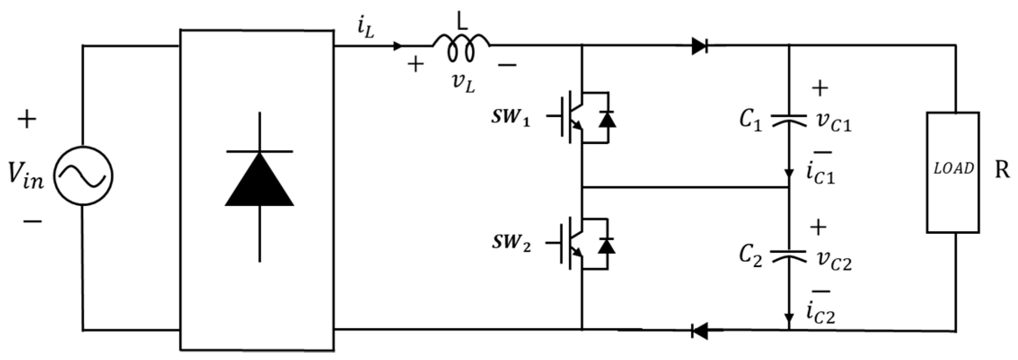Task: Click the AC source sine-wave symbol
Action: tap(83, 176)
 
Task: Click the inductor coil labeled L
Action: tap(461, 48)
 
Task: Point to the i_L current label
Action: tap(366, 29)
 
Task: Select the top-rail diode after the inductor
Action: tap(700, 46)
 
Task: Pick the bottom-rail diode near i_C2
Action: tap(700, 331)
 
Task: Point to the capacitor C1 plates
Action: tap(789, 120)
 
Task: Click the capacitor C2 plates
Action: tap(789, 256)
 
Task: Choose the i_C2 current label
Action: tap(820, 315)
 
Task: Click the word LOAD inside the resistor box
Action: tap(953, 169)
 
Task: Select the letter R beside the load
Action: tap(1001, 171)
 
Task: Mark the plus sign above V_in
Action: tap(27, 120)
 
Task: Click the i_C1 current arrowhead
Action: tap(789, 173)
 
